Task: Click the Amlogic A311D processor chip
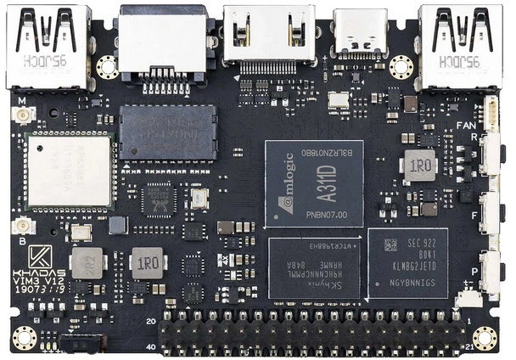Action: (314, 183)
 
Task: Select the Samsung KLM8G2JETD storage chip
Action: (407, 262)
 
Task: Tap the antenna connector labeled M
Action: (21, 114)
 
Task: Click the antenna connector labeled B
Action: (21, 226)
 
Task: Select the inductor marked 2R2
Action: (87, 263)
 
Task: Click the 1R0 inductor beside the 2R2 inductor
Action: (148, 263)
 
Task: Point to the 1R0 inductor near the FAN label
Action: (419, 165)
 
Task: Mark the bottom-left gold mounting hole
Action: (23, 337)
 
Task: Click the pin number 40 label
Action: (149, 346)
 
